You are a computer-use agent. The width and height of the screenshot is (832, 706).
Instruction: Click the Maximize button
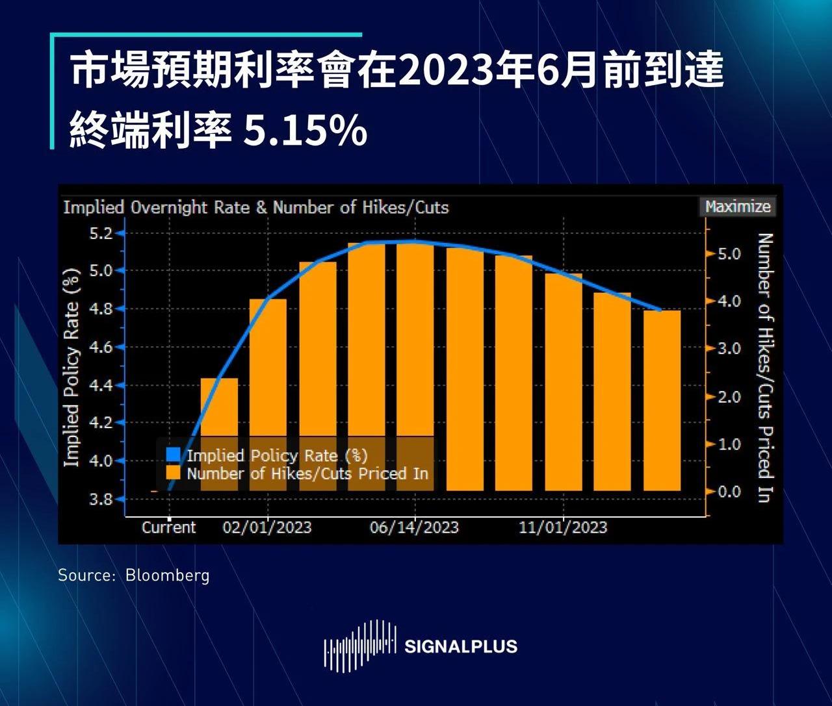click(x=738, y=207)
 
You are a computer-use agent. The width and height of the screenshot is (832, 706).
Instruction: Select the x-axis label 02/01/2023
click(x=267, y=527)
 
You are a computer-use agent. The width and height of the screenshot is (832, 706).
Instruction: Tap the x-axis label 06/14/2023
click(x=414, y=527)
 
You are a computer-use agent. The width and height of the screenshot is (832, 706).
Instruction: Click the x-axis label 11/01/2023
click(x=563, y=527)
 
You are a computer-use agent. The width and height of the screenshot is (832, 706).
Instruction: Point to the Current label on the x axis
click(x=169, y=527)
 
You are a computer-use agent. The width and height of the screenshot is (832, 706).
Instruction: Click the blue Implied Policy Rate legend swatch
click(x=173, y=455)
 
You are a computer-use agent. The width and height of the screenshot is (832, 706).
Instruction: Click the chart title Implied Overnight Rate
click(x=255, y=208)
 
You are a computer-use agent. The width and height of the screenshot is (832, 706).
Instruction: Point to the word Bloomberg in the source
click(x=168, y=575)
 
